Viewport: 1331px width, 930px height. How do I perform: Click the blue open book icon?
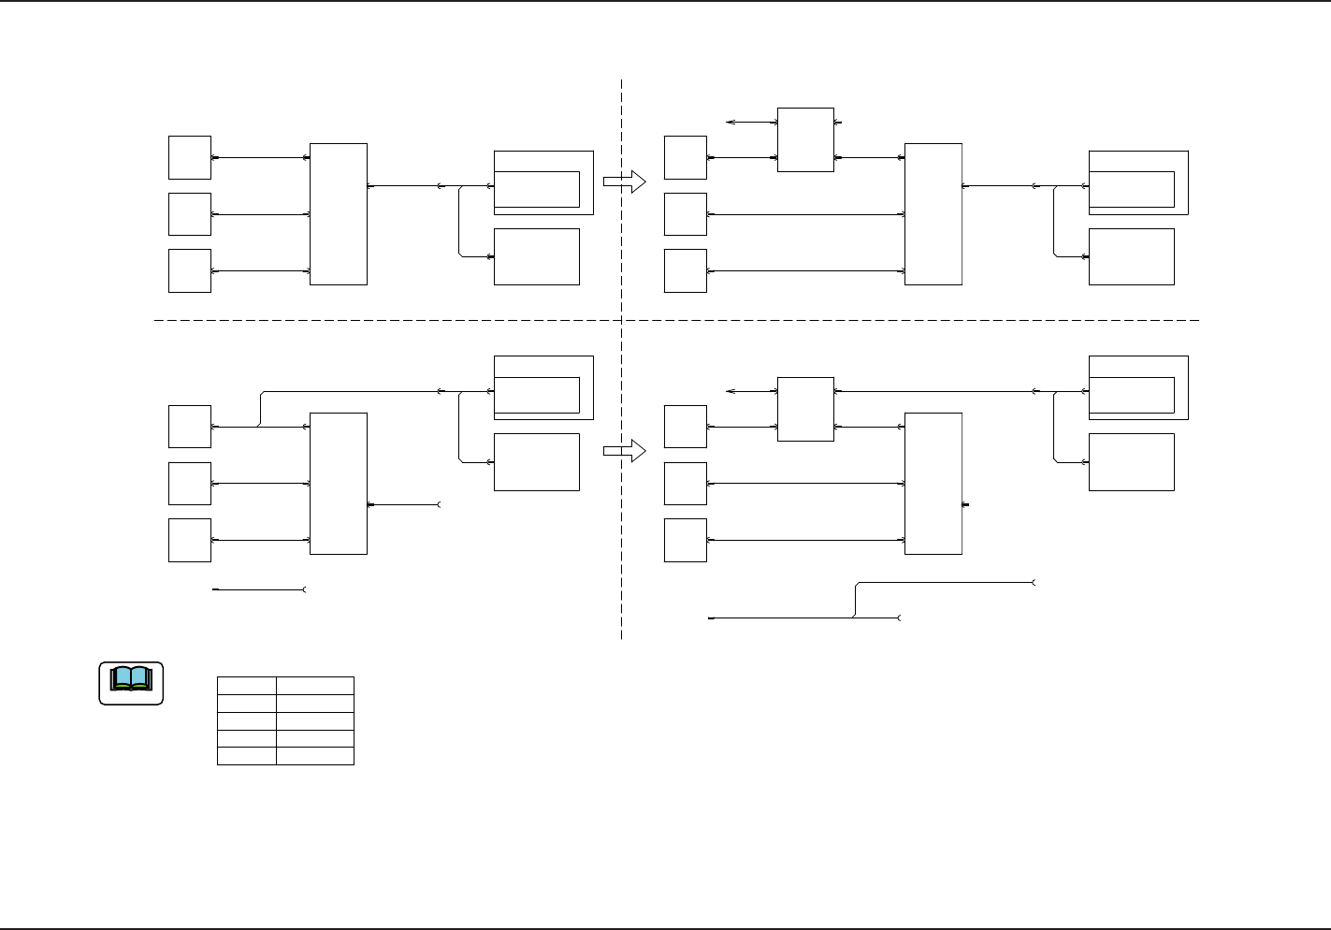(131, 679)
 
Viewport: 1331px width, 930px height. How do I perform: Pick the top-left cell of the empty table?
(246, 686)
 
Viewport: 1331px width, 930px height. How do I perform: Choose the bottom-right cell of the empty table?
(315, 756)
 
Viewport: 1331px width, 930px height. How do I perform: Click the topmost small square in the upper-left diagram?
(189, 157)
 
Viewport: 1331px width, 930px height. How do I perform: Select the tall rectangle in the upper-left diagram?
(338, 213)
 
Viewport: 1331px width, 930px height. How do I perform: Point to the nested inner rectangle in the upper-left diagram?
(536, 189)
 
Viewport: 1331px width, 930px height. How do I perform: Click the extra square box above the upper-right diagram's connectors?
(805, 139)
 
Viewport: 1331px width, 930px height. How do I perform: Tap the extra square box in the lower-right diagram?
(805, 409)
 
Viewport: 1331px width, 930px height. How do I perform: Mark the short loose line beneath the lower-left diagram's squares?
(259, 590)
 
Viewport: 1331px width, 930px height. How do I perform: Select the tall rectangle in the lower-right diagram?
(933, 483)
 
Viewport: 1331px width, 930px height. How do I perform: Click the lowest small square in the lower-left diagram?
(189, 540)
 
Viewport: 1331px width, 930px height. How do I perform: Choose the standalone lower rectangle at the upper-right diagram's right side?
(1131, 256)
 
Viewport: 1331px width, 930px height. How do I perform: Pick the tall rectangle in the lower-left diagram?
(338, 483)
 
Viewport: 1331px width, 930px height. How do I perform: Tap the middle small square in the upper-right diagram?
(685, 214)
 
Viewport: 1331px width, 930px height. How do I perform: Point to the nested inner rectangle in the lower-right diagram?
(1131, 395)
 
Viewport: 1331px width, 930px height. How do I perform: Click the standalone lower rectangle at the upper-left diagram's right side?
(536, 256)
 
